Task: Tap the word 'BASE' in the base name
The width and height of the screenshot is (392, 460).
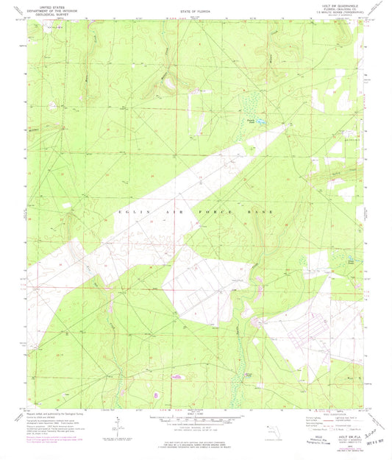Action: pyautogui.click(x=263, y=212)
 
